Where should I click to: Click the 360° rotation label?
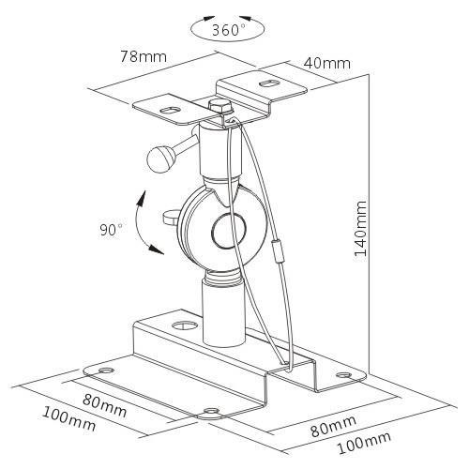pyautogui.click(x=229, y=30)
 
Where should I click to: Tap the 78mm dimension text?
pyautogui.click(x=144, y=56)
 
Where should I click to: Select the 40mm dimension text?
pyautogui.click(x=327, y=64)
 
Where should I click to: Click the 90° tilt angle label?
pyautogui.click(x=111, y=230)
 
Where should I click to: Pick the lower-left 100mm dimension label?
pyautogui.click(x=68, y=418)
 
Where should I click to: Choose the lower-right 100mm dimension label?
pyautogui.click(x=364, y=443)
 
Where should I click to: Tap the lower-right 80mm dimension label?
pyautogui.click(x=334, y=426)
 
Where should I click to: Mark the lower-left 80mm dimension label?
pyautogui.click(x=105, y=405)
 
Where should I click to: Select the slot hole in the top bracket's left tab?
pyautogui.click(x=170, y=111)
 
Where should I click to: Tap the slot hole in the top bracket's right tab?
pyautogui.click(x=268, y=83)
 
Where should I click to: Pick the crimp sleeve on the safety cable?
pyautogui.click(x=278, y=251)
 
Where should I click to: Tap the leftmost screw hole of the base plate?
pyautogui.click(x=106, y=371)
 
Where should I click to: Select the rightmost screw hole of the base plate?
pyautogui.click(x=343, y=374)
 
